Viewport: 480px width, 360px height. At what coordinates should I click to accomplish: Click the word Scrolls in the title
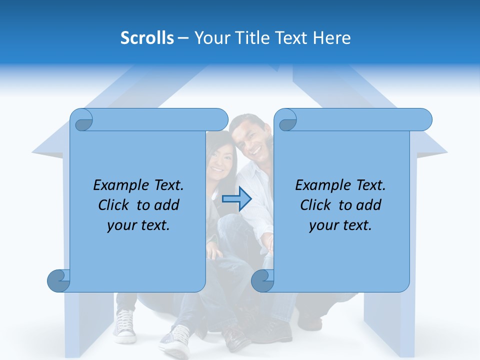click(x=147, y=38)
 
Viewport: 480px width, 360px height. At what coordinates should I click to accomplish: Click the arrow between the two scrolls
click(x=236, y=199)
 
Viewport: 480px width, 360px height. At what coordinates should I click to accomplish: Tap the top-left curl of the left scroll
click(x=83, y=120)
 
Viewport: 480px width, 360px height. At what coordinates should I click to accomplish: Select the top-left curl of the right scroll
click(x=287, y=120)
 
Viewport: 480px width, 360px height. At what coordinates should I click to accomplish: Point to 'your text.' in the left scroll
click(x=138, y=225)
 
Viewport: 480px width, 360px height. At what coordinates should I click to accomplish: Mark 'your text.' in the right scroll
click(x=340, y=225)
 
